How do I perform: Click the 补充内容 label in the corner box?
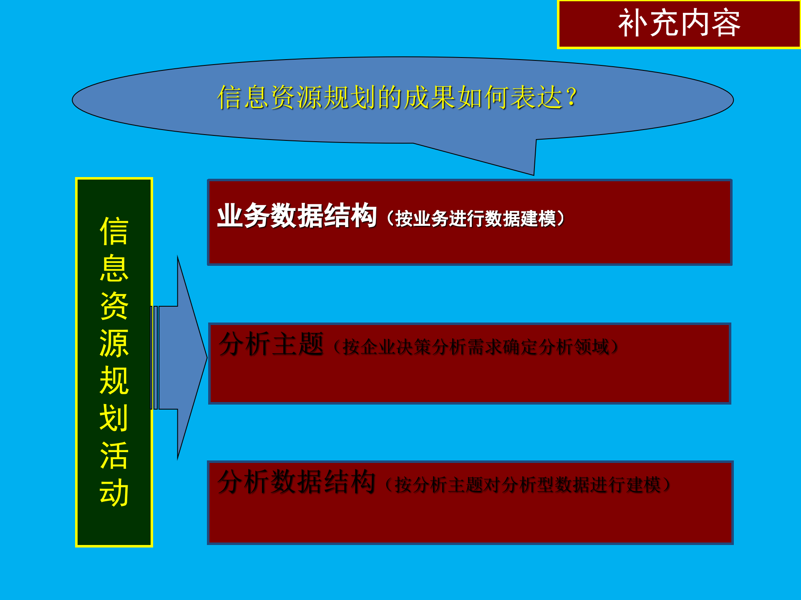pyautogui.click(x=679, y=23)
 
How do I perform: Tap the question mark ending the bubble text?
pyautogui.click(x=572, y=97)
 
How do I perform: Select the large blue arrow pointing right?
pyautogui.click(x=184, y=357)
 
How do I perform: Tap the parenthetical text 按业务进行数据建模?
pyautogui.click(x=476, y=218)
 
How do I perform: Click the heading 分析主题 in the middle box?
pyautogui.click(x=272, y=344)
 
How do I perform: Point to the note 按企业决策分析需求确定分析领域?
pyautogui.click(x=476, y=347)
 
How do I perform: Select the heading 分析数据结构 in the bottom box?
pyautogui.click(x=297, y=482)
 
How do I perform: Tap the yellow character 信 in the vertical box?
pyautogui.click(x=114, y=231)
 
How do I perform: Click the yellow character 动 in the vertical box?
pyautogui.click(x=114, y=492)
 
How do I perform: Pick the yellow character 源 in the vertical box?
pyautogui.click(x=114, y=343)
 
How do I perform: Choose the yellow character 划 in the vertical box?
pyautogui.click(x=114, y=418)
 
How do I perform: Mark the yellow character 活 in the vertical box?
pyautogui.click(x=114, y=455)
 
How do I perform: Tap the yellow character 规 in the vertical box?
pyautogui.click(x=114, y=381)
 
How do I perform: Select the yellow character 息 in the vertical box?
pyautogui.click(x=114, y=269)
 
